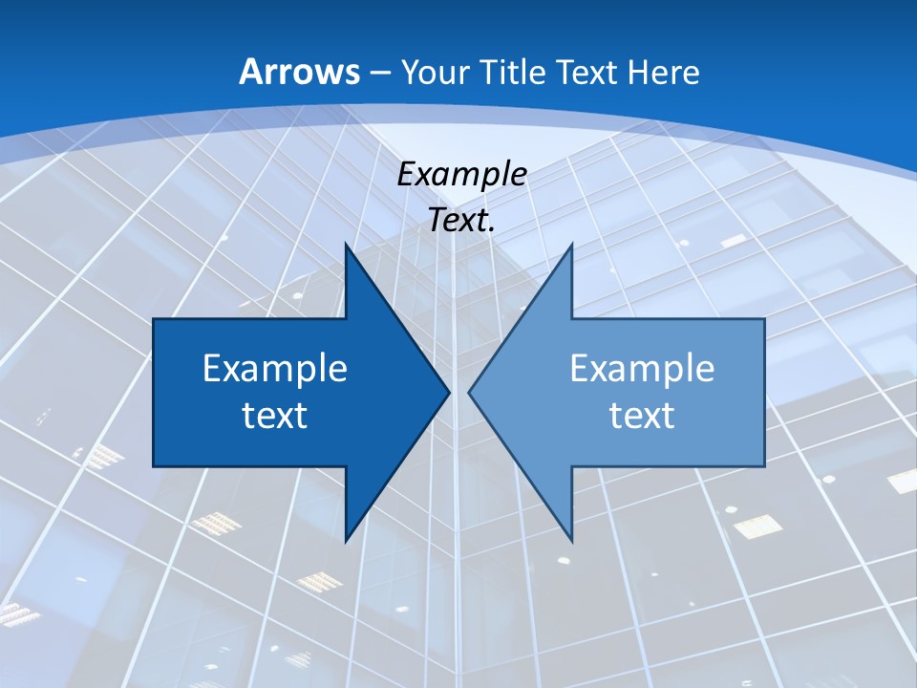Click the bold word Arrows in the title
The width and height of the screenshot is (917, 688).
click(x=300, y=72)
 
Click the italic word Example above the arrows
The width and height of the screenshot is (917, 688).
click(x=462, y=175)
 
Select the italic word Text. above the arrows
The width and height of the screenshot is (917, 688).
click(x=462, y=220)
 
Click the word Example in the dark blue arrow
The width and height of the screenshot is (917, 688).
click(x=274, y=369)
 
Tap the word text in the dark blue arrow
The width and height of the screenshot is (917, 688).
click(x=274, y=415)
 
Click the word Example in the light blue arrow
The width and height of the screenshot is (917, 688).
click(x=642, y=369)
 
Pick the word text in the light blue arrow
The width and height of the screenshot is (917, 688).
click(x=642, y=415)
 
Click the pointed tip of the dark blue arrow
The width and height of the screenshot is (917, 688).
click(x=448, y=392)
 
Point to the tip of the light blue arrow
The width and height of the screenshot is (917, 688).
click(x=469, y=392)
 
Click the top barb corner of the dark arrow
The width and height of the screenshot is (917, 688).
click(x=346, y=245)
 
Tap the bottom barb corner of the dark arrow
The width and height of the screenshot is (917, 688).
click(x=346, y=540)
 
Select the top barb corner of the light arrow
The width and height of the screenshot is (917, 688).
click(x=571, y=245)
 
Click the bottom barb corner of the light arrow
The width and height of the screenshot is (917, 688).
click(x=571, y=540)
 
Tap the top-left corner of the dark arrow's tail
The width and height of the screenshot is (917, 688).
click(x=154, y=320)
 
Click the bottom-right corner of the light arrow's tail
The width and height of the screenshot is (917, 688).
click(x=764, y=465)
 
